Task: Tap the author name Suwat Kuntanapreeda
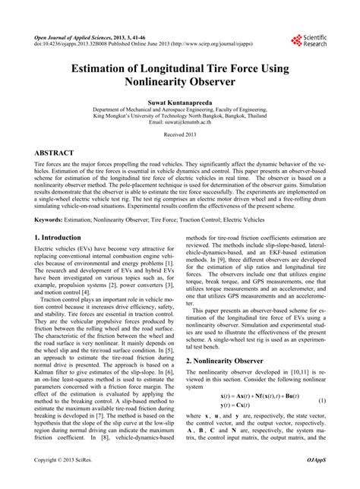[179, 101]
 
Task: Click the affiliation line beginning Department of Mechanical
[179, 109]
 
